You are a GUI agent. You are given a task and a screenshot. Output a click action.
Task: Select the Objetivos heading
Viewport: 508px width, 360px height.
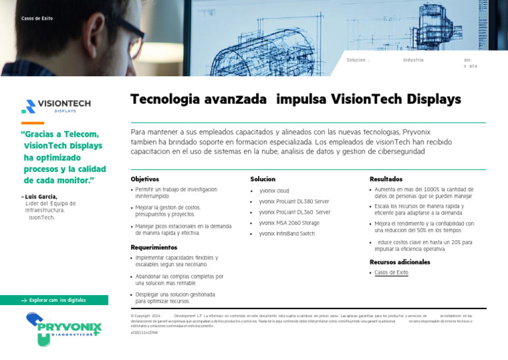(145, 179)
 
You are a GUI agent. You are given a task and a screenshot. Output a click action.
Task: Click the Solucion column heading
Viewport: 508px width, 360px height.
(263, 179)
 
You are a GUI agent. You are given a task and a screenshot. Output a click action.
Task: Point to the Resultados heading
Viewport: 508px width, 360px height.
(386, 179)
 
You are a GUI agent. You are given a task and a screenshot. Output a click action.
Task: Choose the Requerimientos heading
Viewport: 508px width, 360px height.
(154, 247)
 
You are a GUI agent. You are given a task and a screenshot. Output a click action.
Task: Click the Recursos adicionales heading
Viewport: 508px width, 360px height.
(400, 262)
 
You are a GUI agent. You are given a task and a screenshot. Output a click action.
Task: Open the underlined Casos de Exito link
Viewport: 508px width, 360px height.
(391, 273)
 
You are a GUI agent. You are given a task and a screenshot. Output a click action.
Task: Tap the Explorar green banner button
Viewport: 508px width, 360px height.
(54, 300)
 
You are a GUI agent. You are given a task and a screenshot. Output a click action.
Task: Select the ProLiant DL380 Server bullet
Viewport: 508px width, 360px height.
(294, 201)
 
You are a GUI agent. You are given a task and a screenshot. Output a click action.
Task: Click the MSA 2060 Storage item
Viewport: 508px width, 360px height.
(289, 223)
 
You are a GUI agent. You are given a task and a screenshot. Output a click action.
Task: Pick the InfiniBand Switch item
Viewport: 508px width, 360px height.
(286, 234)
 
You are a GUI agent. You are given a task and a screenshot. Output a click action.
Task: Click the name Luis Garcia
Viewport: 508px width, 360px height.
(41, 197)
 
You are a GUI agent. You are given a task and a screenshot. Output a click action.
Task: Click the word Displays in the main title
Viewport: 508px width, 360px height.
(433, 100)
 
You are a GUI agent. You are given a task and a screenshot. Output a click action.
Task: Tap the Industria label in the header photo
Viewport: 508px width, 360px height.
(413, 60)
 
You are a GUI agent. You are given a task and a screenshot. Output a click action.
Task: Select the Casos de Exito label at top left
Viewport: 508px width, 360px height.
(37, 19)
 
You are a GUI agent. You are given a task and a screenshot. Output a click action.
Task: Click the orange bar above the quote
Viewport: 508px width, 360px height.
(32, 123)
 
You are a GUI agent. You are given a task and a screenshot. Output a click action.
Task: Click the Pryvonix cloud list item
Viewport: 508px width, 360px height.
(274, 191)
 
